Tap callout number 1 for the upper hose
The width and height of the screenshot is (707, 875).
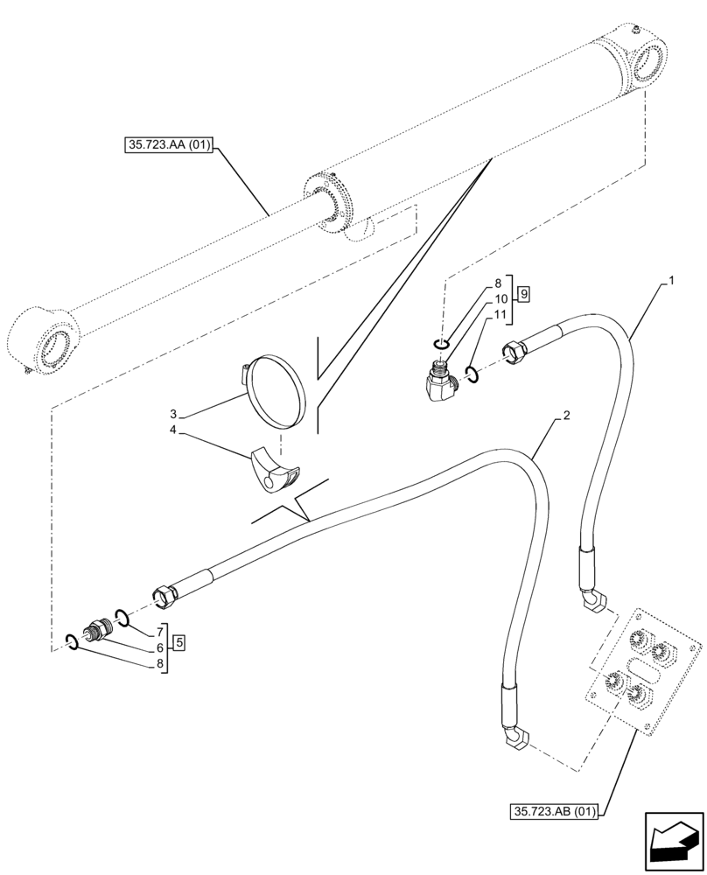click(x=670, y=282)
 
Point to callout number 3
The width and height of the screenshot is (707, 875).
click(x=174, y=413)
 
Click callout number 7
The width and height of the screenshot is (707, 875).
click(x=160, y=632)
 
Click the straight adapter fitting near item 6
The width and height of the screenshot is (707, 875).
click(x=96, y=632)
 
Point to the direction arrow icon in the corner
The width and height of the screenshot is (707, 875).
click(x=674, y=843)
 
